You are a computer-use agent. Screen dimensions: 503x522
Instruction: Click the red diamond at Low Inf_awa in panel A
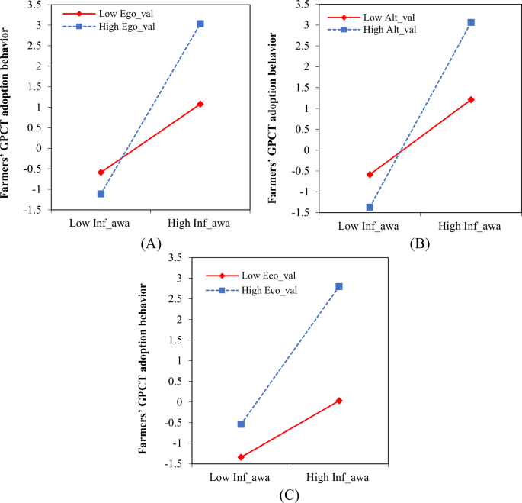[101, 173]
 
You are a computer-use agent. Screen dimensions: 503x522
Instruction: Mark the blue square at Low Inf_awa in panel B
[370, 207]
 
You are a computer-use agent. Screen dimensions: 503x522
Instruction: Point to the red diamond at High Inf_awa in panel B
[471, 99]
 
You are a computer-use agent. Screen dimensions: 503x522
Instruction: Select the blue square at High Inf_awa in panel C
[339, 286]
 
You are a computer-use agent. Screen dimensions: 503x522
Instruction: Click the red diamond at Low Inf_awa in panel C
[241, 457]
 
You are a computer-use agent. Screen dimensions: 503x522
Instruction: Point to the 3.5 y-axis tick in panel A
[34, 4]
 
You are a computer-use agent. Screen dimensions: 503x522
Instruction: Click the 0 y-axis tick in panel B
[306, 150]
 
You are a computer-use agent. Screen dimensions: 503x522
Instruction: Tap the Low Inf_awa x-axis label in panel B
[370, 226]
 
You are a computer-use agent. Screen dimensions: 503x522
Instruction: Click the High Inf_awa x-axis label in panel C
[339, 477]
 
